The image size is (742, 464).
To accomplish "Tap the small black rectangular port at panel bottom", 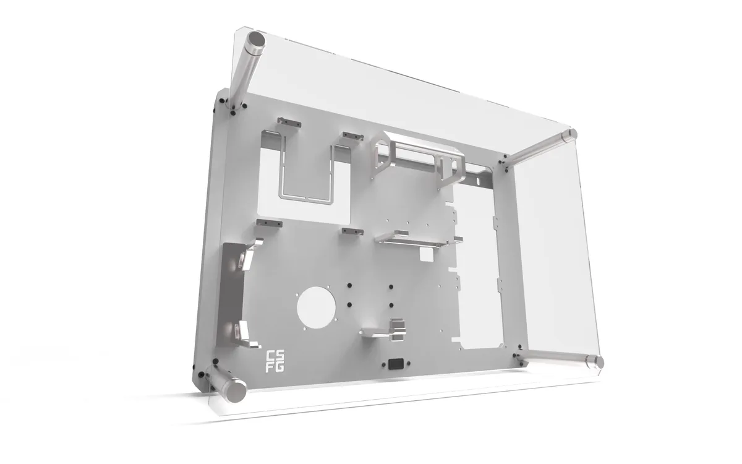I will (395, 364).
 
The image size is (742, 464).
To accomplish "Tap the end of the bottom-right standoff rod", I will (597, 363).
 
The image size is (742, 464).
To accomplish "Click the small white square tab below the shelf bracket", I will (426, 254).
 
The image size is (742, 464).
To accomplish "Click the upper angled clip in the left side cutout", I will (246, 256).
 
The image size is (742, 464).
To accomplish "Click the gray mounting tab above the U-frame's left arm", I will (289, 122).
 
